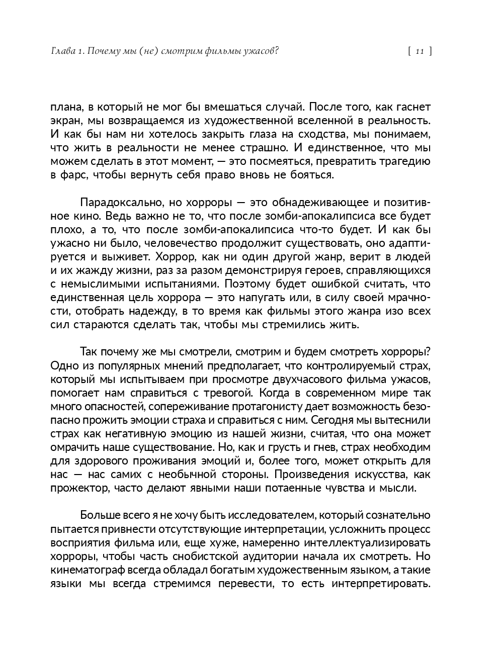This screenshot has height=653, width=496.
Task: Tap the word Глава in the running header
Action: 62,51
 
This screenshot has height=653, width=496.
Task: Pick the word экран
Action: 64,121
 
